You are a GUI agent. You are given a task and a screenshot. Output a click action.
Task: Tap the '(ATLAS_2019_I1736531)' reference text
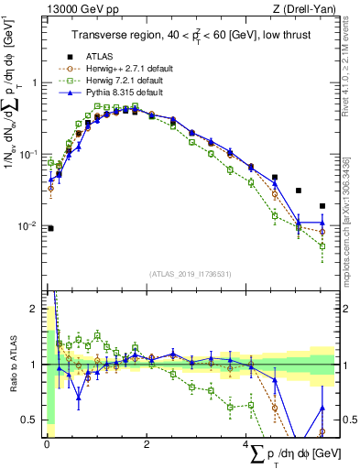coord(190,274)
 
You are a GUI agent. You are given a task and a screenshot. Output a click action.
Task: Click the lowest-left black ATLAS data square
coord(50,228)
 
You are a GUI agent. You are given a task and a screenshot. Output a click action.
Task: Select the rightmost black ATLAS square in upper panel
coord(322,206)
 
